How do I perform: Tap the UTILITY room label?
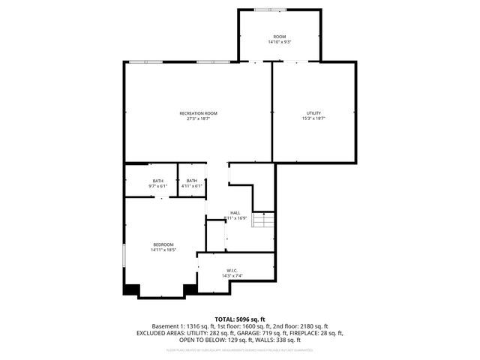tap(313, 113)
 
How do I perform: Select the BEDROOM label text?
tap(163, 244)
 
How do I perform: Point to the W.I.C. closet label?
tap(232, 271)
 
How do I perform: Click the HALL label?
tap(235, 213)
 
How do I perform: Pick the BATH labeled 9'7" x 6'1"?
tap(158, 181)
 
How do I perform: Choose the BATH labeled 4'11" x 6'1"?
tap(192, 181)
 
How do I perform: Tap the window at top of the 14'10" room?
tap(265, 10)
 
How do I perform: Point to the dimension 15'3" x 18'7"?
tap(313, 118)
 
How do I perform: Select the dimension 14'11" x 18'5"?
tap(163, 250)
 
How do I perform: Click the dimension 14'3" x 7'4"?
tap(232, 276)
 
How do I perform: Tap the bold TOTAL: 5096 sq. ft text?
tap(240, 319)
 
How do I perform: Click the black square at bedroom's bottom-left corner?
tap(131, 289)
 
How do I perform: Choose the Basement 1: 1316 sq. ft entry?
tap(182, 326)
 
